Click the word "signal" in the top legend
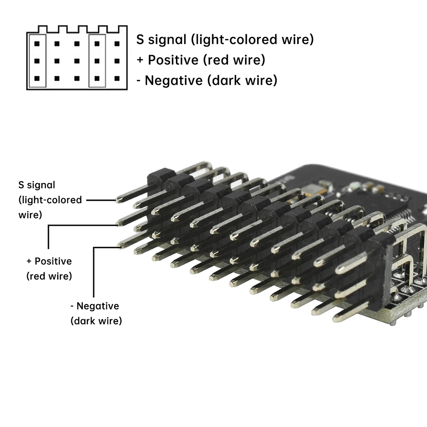click(167, 40)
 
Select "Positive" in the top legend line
click(173, 60)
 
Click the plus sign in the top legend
click(140, 60)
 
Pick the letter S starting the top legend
click(140, 40)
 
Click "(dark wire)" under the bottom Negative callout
click(96, 320)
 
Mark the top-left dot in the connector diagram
click(37, 44)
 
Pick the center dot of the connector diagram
click(77, 61)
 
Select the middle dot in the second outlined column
click(97, 61)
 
